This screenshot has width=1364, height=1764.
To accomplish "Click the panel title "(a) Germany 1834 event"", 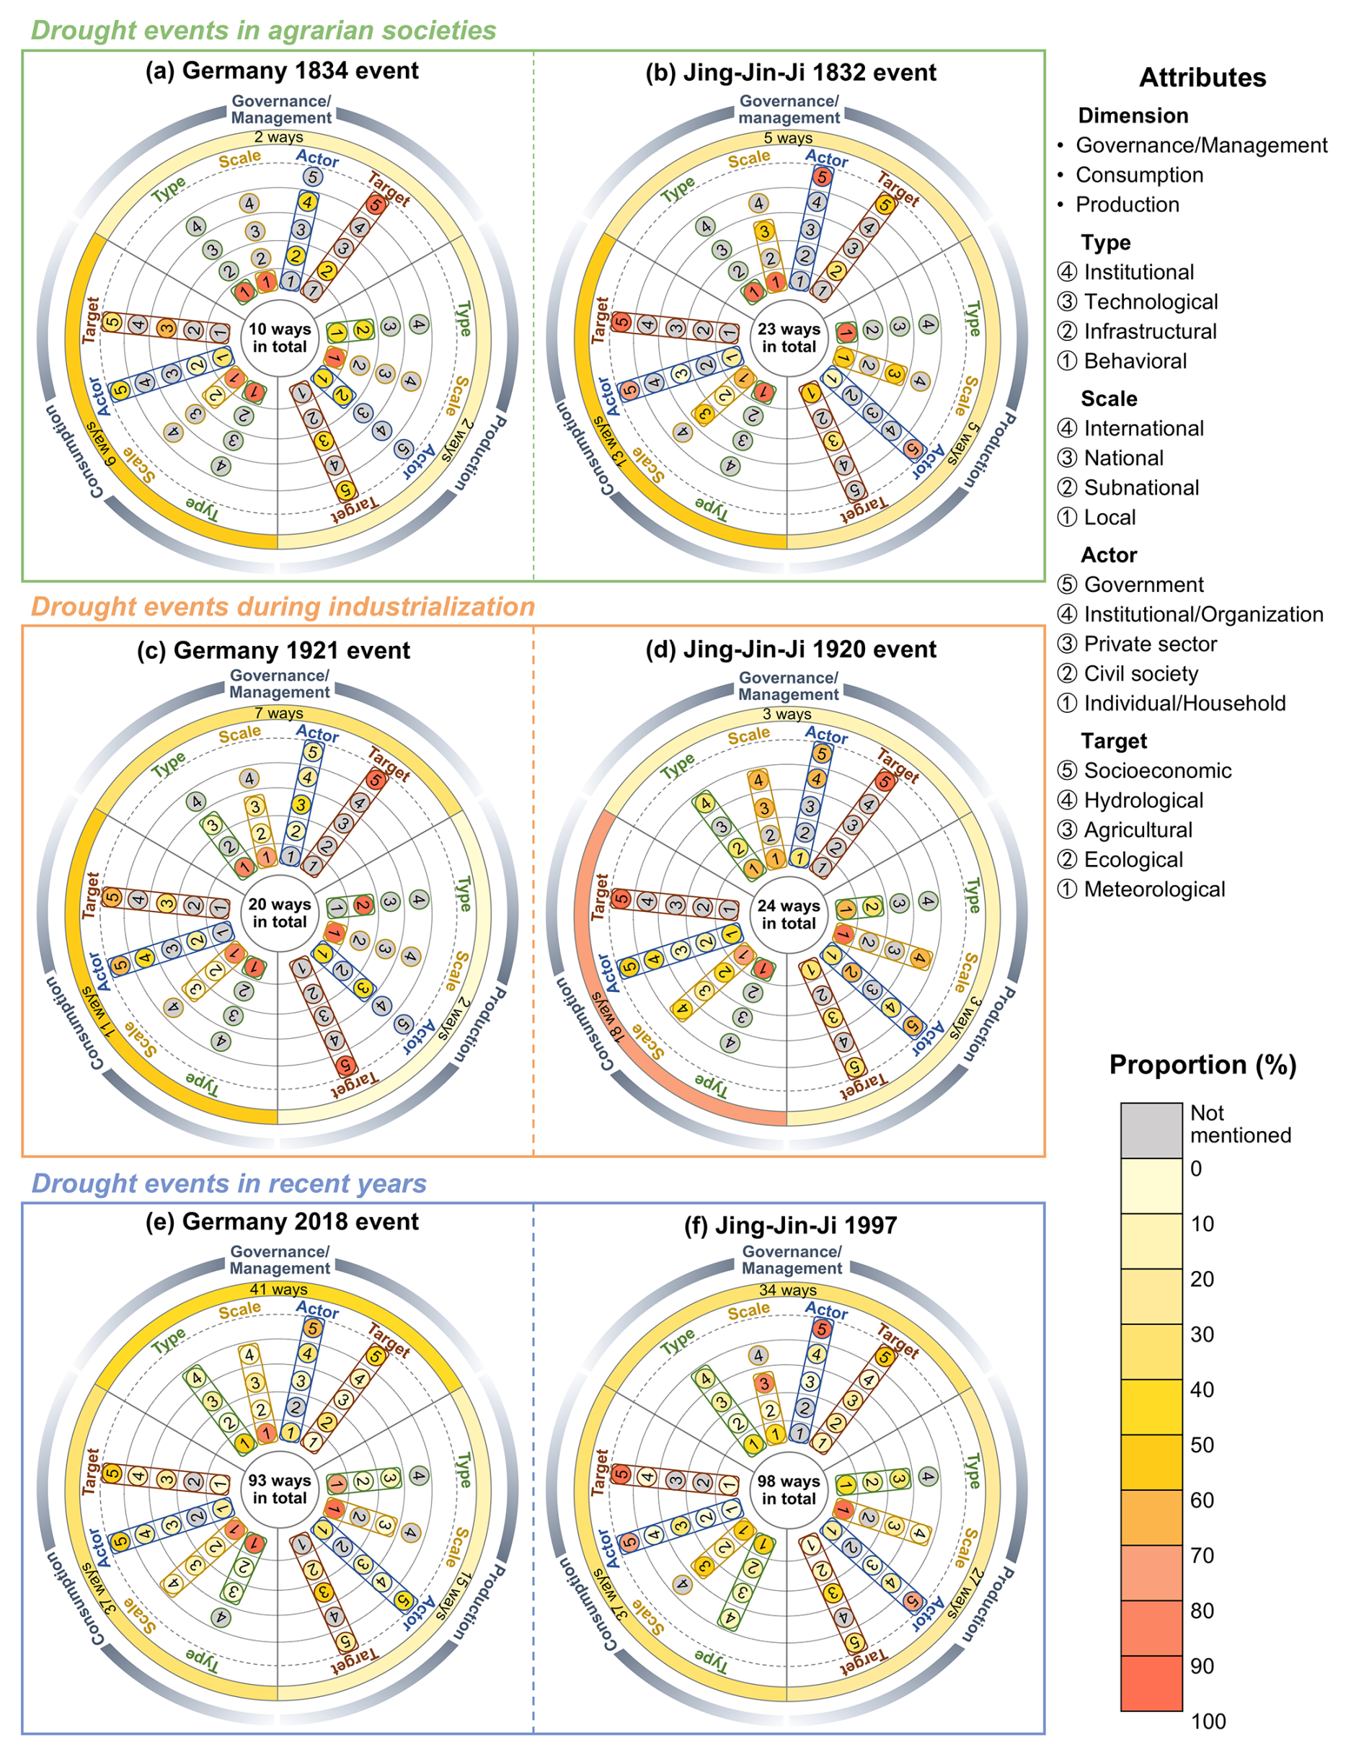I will click(x=282, y=71).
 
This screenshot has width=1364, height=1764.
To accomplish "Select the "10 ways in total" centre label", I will click(x=280, y=338).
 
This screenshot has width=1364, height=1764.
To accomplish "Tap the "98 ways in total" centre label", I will click(x=788, y=1489).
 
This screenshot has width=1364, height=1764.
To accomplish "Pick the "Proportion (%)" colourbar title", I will click(x=1202, y=1065).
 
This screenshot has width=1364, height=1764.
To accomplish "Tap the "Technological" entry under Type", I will click(x=1150, y=302).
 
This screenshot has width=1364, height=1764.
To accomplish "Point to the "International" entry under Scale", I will click(x=1143, y=428).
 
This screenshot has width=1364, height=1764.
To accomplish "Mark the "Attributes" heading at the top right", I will click(x=1202, y=78).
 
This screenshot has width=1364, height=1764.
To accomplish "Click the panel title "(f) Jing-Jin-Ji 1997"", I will click(x=790, y=1226).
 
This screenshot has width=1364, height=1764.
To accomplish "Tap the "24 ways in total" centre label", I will click(x=788, y=914).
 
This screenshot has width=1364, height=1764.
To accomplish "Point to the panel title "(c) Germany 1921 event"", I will click(x=273, y=650).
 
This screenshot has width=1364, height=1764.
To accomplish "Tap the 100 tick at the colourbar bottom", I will click(x=1208, y=1721).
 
